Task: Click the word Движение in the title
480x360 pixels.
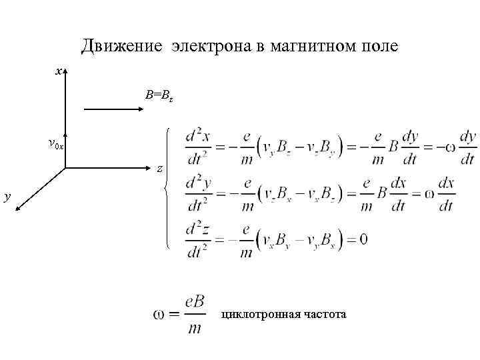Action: (121, 46)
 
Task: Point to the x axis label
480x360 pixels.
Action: (59, 70)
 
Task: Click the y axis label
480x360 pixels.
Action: (7, 196)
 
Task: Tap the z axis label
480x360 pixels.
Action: (159, 169)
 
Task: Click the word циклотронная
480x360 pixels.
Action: (261, 313)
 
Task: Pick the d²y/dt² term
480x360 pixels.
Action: (199, 193)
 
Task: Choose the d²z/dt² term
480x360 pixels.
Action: (199, 239)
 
